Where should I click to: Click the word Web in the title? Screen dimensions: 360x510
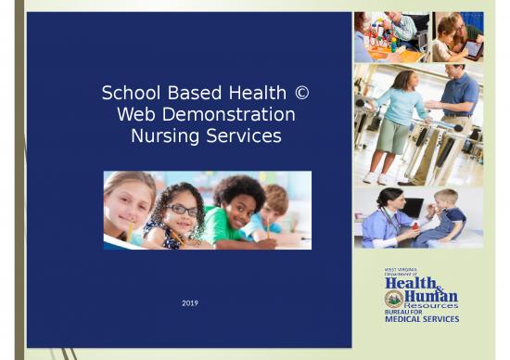pyautogui.click(x=137, y=115)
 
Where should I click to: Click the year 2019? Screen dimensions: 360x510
pyautogui.click(x=189, y=303)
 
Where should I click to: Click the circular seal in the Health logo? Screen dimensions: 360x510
pyautogui.click(x=393, y=298)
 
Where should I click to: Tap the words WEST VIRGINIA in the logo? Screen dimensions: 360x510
pyautogui.click(x=401, y=269)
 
